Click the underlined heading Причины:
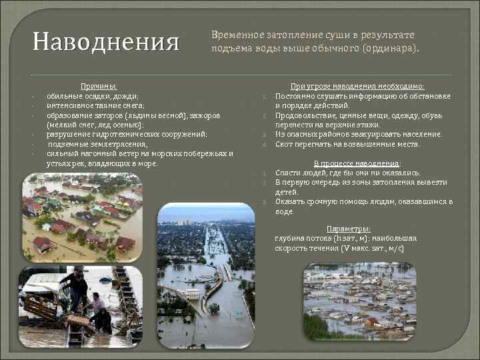(x=98, y=87)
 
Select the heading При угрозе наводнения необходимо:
(x=357, y=87)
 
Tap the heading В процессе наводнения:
(x=357, y=163)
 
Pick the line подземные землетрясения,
(x=97, y=144)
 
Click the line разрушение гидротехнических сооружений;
(x=127, y=134)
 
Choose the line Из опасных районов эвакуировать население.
(x=358, y=134)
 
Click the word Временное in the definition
(x=233, y=35)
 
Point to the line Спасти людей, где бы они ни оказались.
(x=347, y=173)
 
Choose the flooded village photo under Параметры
(x=360, y=301)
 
